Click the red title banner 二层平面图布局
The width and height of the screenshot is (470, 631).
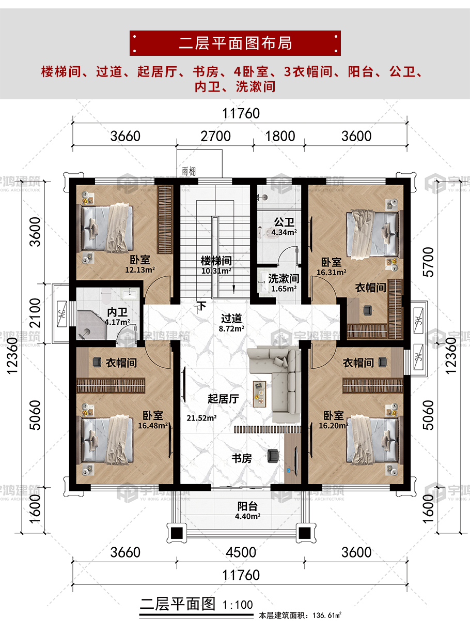[235, 43]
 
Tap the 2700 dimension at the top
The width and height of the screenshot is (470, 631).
[215, 136]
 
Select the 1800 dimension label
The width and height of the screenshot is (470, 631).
[280, 136]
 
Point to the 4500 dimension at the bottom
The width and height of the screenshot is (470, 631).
[241, 552]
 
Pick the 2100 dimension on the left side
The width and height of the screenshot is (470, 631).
[35, 313]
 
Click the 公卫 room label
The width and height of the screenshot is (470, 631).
[284, 222]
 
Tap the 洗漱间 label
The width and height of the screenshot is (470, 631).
[284, 278]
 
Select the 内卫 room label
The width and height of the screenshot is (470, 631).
[117, 312]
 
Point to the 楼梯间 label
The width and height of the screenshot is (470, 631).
[216, 261]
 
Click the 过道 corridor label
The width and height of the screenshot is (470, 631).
[231, 319]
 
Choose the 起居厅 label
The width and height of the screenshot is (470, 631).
[223, 399]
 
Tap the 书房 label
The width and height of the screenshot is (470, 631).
[242, 458]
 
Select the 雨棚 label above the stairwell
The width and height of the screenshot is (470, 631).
[189, 172]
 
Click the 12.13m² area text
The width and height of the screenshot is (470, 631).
[140, 270]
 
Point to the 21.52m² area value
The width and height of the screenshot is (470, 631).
[201, 418]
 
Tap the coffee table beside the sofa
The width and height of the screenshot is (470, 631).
[260, 394]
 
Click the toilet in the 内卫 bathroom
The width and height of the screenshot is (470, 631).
[106, 297]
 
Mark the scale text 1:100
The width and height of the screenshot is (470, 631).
[238, 605]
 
